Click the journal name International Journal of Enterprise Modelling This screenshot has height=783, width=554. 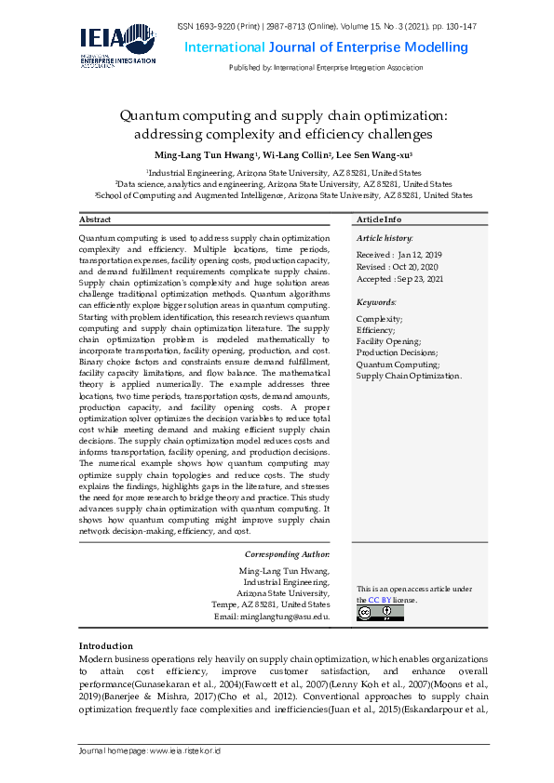[x=325, y=47]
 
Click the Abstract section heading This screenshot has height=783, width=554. [x=95, y=219]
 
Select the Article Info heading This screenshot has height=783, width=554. [x=379, y=219]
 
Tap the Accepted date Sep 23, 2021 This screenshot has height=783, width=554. [x=419, y=278]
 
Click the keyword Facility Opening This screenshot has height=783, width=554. [x=388, y=342]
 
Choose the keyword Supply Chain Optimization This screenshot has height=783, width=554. [x=409, y=376]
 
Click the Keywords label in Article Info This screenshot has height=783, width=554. [x=376, y=302]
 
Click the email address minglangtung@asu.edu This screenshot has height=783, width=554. [x=284, y=617]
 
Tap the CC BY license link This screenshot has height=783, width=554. [x=379, y=601]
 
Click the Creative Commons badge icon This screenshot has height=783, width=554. [x=367, y=614]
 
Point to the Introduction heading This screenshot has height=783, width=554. [x=105, y=645]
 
